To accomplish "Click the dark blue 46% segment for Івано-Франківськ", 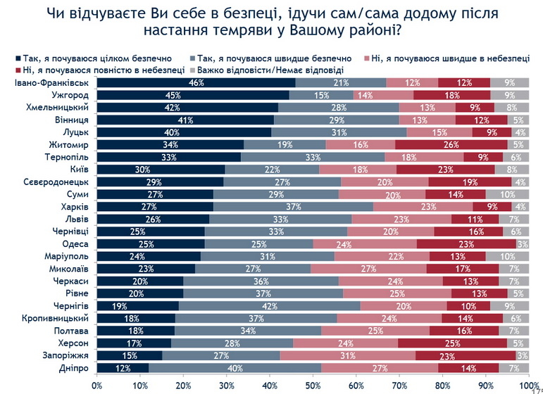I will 196,83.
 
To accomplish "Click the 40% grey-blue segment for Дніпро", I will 235,368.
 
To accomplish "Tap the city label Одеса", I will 75,243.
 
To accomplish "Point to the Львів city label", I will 75,219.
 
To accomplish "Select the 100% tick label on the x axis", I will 528,385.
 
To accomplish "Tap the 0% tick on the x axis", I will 97,385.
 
